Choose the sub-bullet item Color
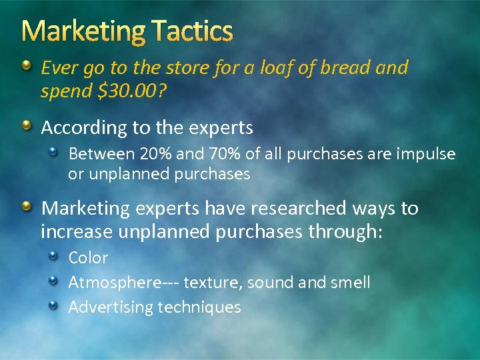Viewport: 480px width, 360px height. (x=88, y=257)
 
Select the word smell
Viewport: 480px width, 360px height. (x=350, y=282)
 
